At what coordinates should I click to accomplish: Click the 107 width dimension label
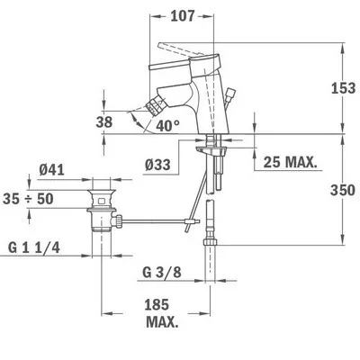point(183,15)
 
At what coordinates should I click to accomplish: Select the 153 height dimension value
point(343,88)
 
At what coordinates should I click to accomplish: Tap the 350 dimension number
point(343,190)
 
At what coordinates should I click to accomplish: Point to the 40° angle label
point(168,126)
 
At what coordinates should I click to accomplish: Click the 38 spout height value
point(104,122)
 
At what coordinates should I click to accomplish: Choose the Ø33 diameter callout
point(157,165)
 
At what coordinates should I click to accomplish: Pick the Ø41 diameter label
point(51,170)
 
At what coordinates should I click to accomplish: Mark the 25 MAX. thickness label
point(290,162)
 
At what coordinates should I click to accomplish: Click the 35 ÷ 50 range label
point(28,199)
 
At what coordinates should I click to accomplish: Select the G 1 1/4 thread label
point(34,248)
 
